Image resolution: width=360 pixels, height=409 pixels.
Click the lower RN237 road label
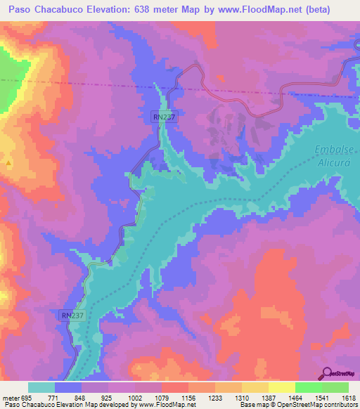(x=72, y=316)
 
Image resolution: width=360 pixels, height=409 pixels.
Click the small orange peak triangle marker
(x=8, y=163)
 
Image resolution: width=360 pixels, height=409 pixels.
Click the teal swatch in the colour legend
(x=41, y=387)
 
